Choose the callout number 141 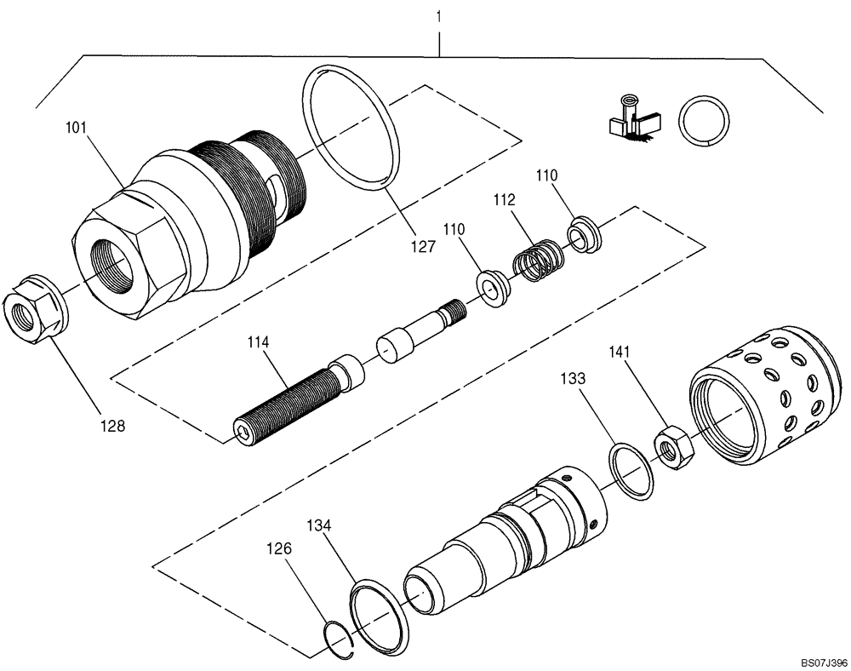click(x=620, y=353)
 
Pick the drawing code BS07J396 click(x=823, y=661)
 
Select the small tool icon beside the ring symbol click(x=630, y=118)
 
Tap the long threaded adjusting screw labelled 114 click(x=289, y=400)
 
